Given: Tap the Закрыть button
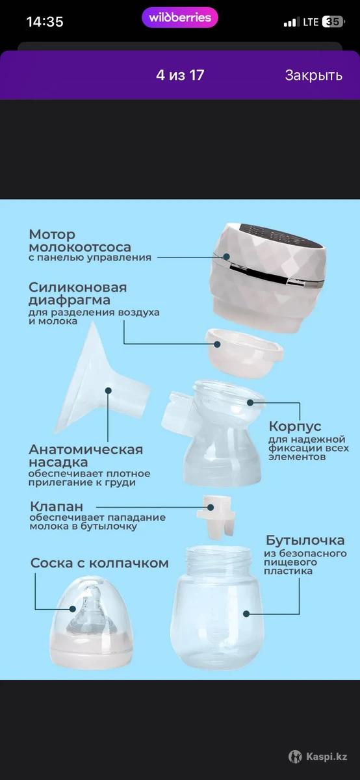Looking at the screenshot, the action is click(x=313, y=75).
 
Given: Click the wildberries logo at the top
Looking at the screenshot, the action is click(x=179, y=18).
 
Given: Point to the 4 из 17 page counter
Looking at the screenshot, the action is click(x=180, y=75).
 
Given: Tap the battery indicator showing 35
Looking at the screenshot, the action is click(x=333, y=22).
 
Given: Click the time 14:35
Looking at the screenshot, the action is click(x=45, y=22).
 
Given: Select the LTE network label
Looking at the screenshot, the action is click(x=311, y=22).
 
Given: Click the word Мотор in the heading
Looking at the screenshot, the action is click(x=52, y=235).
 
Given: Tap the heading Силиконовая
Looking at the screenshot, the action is click(x=77, y=287).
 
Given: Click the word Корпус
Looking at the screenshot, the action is click(x=294, y=426).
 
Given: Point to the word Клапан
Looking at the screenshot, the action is click(x=57, y=506).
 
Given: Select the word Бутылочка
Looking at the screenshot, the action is click(x=305, y=540).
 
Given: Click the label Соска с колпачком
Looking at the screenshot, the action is click(x=99, y=563).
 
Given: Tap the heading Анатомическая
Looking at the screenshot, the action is click(x=86, y=449).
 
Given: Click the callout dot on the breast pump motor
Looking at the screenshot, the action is click(x=226, y=257).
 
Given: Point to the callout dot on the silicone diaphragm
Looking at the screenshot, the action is click(x=217, y=344).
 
